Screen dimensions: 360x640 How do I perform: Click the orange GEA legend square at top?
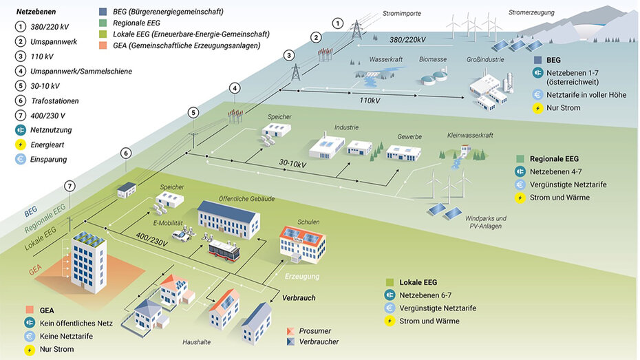pyautogui.click(x=103, y=46)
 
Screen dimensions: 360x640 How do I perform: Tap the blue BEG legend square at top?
pyautogui.click(x=103, y=12)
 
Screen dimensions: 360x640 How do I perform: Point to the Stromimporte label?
pyautogui.click(x=401, y=13)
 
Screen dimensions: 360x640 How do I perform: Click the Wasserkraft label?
pyautogui.click(x=385, y=59)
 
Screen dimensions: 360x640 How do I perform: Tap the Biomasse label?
pyautogui.click(x=433, y=60)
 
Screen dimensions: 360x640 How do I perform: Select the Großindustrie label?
pyautogui.click(x=485, y=60)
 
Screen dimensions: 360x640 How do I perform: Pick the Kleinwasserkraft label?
pyautogui.click(x=471, y=136)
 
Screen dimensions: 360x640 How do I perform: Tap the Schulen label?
pyautogui.click(x=310, y=222)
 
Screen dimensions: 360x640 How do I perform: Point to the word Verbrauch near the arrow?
pyautogui.click(x=299, y=297)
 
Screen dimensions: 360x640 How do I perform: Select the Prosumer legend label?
pyautogui.click(x=314, y=331)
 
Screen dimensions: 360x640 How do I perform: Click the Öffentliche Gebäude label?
pyautogui.click(x=246, y=199)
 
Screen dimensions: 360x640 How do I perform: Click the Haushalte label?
pyautogui.click(x=198, y=342)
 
